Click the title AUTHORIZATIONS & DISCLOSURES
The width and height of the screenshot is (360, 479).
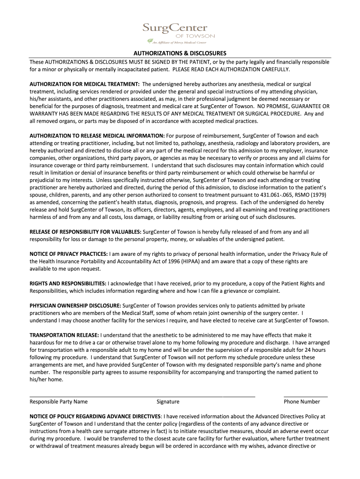pos(180,53)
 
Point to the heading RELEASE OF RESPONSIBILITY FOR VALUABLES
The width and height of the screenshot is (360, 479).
pos(85,232)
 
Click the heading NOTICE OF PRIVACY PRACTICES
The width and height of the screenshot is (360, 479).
pos(69,254)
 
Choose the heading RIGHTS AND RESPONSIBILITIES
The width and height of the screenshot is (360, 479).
pos(68,283)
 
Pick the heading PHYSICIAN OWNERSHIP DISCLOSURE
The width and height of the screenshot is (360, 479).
pos(75,305)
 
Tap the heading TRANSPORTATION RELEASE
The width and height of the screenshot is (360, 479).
pos(64,335)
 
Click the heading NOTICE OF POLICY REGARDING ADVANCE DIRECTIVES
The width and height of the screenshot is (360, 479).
pos(95,416)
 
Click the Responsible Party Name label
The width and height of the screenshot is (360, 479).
pos(58,401)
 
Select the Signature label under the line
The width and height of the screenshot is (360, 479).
pos(168,401)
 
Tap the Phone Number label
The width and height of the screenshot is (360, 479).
pos(302,401)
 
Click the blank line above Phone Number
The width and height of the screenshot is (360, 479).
pos(305,396)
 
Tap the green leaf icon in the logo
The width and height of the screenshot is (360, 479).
pos(149,41)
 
